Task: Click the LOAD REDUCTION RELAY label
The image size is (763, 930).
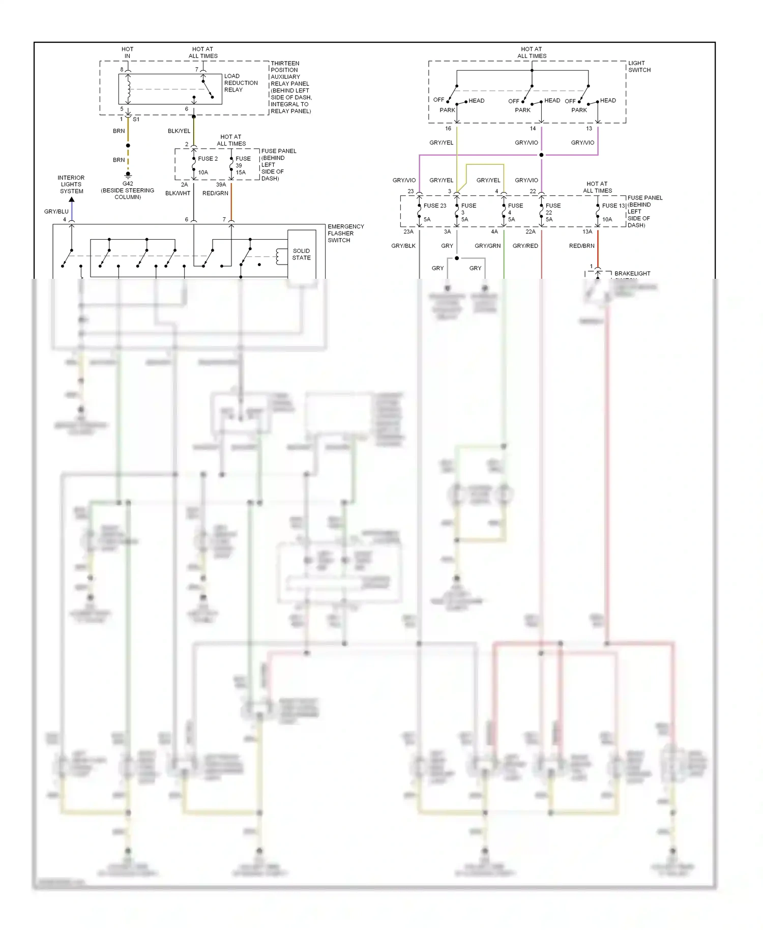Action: (x=241, y=83)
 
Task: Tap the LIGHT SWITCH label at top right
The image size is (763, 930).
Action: (x=639, y=67)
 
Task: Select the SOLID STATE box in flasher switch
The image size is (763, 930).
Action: (x=301, y=254)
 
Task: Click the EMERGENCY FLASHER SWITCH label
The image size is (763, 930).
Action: (x=345, y=233)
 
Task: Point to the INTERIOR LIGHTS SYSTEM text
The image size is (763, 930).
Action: (x=71, y=185)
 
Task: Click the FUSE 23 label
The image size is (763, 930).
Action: (x=434, y=206)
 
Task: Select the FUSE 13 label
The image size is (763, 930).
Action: (x=613, y=206)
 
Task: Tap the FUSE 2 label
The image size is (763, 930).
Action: (x=208, y=159)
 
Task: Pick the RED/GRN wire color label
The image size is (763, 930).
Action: (x=215, y=193)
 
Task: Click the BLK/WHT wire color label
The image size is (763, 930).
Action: (x=178, y=193)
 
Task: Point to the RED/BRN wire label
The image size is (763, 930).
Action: (x=581, y=246)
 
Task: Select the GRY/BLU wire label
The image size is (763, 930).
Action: (x=56, y=212)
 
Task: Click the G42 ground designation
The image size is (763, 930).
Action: (x=128, y=184)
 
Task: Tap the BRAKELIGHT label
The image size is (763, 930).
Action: (x=632, y=274)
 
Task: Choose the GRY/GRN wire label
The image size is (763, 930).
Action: (x=487, y=246)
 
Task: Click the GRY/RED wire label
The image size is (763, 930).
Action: (x=525, y=246)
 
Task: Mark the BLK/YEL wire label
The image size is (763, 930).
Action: (x=179, y=131)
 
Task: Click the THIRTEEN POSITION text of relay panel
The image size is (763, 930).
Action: (x=285, y=67)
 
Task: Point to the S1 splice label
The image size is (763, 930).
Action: (x=136, y=120)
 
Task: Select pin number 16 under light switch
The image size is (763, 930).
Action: (x=448, y=129)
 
